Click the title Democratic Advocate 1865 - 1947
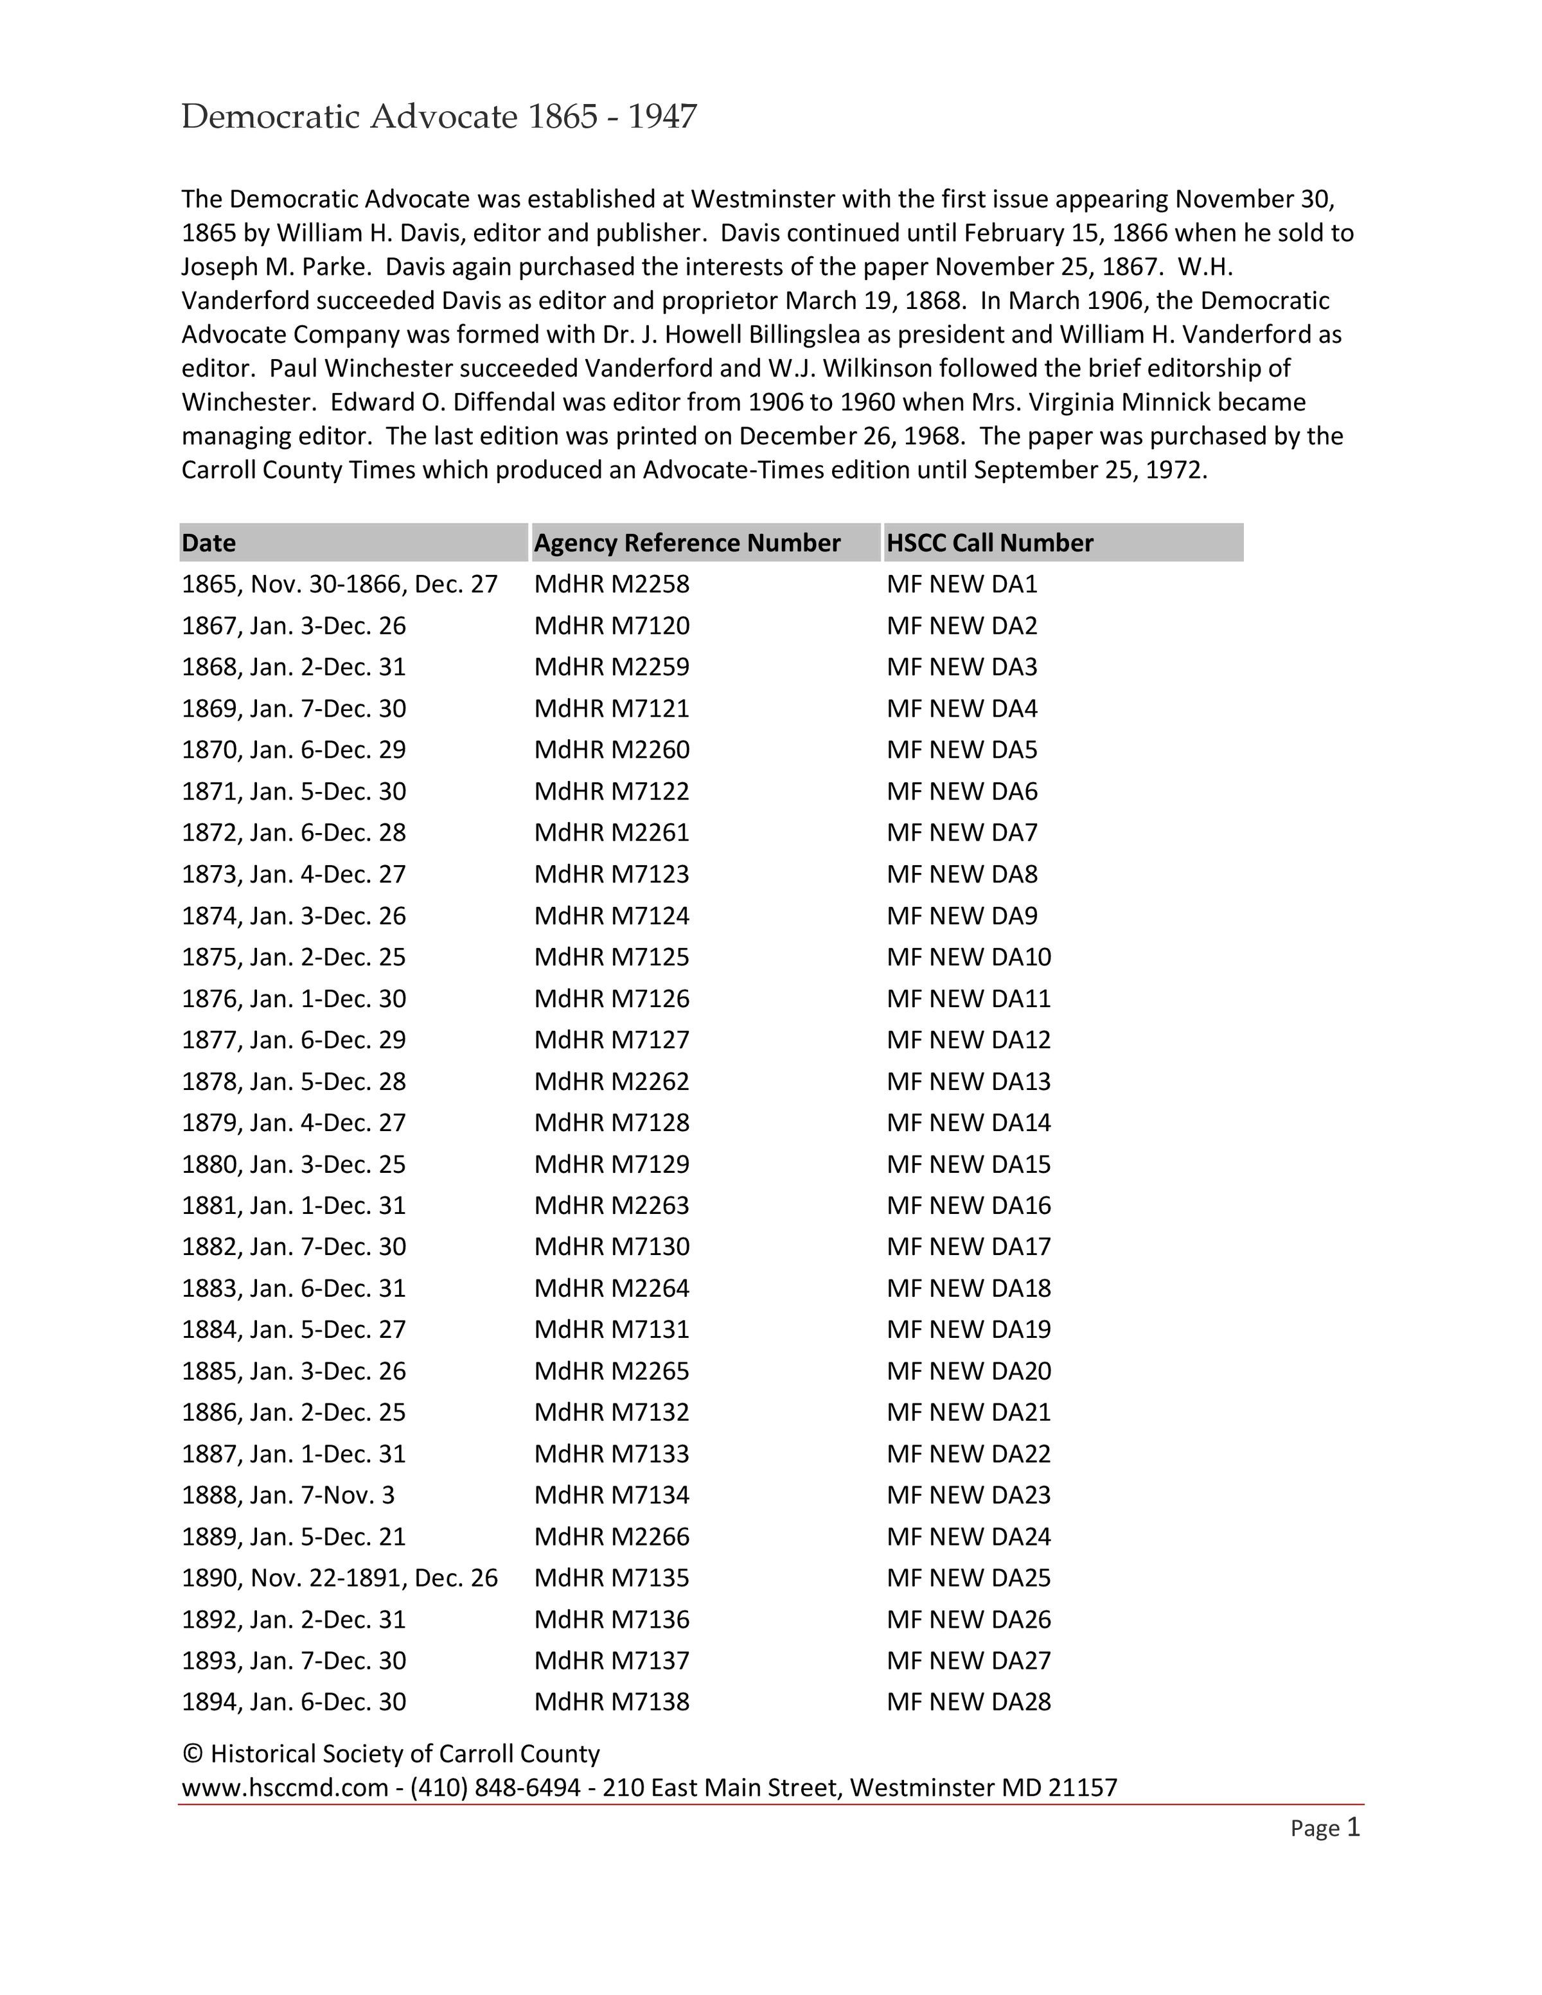(438, 117)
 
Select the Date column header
(209, 543)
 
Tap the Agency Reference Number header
(687, 543)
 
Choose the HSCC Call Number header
(989, 543)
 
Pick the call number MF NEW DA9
(962, 915)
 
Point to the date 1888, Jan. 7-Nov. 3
(288, 1495)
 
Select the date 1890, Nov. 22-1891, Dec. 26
(340, 1578)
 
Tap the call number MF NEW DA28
(968, 1701)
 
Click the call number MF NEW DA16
(968, 1205)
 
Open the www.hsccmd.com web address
(285, 1788)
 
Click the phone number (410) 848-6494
(495, 1788)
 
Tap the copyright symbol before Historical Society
(192, 1754)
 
